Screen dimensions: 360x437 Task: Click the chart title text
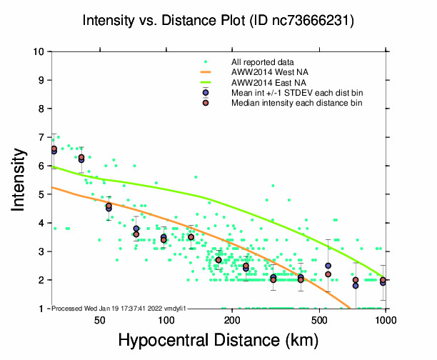pyautogui.click(x=218, y=21)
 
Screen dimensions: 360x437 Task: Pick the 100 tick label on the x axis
pyautogui.click(x=166, y=321)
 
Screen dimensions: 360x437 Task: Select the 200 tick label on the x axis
pyautogui.click(x=232, y=321)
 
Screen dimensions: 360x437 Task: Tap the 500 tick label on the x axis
pyautogui.click(x=320, y=321)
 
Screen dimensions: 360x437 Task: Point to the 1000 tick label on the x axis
pyautogui.click(x=386, y=321)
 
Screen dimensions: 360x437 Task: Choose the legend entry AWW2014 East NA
pyautogui.click(x=265, y=83)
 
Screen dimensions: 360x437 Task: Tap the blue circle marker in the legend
pyautogui.click(x=206, y=94)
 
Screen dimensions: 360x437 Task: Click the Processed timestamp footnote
pyautogui.click(x=119, y=308)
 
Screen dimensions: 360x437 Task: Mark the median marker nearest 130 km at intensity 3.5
pyautogui.click(x=191, y=237)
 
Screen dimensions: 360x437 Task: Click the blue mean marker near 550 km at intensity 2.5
pyautogui.click(x=328, y=266)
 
